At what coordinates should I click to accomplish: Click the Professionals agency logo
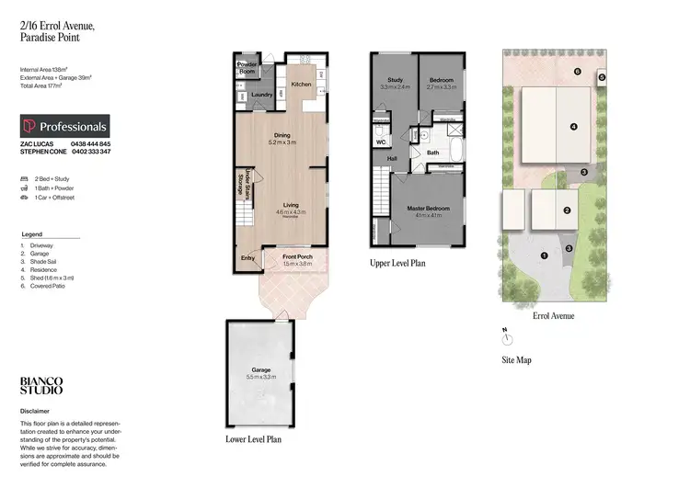tap(64, 127)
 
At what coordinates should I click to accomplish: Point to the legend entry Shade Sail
tap(44, 259)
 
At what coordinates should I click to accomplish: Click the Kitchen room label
tap(302, 85)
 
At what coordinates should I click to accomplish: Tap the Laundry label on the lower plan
tap(260, 94)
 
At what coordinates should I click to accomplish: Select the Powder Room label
tap(247, 67)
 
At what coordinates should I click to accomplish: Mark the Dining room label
tap(281, 136)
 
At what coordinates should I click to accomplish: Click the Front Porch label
tap(297, 256)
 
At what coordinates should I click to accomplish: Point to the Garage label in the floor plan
tap(259, 370)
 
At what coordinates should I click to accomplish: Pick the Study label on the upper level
tap(395, 80)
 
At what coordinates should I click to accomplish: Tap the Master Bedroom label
tap(428, 208)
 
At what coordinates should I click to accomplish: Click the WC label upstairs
tap(379, 142)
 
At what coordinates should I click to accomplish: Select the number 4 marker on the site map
tap(573, 127)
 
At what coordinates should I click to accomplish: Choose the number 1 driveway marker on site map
tap(544, 255)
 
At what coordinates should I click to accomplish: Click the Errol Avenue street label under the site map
tap(553, 315)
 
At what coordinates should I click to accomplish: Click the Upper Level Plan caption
tap(397, 263)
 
